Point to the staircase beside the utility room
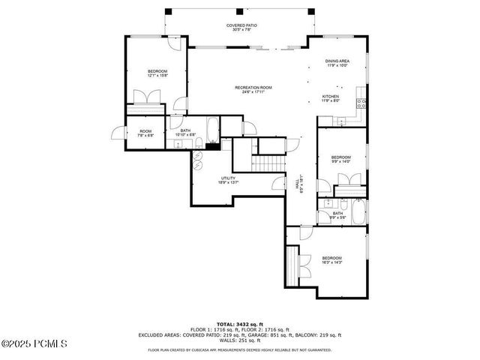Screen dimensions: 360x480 [268, 163]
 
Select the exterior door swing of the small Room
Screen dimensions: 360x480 [118, 133]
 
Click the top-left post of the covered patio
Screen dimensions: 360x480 [167, 12]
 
